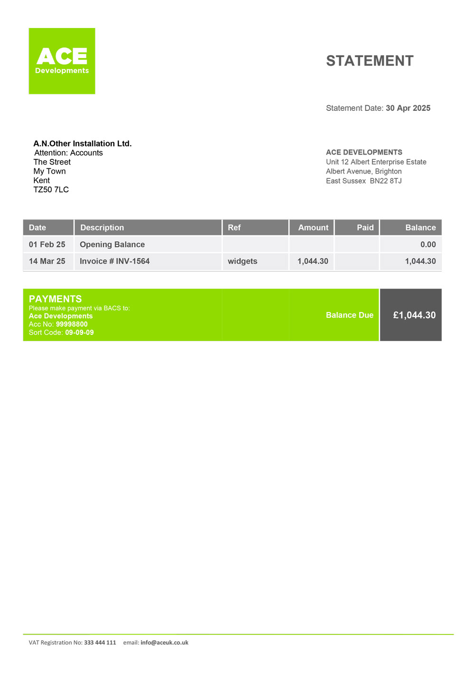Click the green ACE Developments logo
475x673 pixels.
pyautogui.click(x=62, y=61)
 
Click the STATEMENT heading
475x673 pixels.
pyautogui.click(x=370, y=61)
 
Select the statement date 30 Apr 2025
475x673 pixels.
pyautogui.click(x=408, y=108)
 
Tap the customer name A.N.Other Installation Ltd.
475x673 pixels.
pyautogui.click(x=82, y=144)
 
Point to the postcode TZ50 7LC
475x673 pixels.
pyautogui.click(x=51, y=190)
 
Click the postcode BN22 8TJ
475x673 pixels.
pyautogui.click(x=386, y=181)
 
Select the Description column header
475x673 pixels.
pyautogui.click(x=102, y=227)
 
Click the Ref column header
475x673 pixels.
pyautogui.click(x=234, y=227)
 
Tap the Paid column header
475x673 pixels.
pyautogui.click(x=365, y=227)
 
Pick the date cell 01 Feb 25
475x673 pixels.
pyautogui.click(x=47, y=244)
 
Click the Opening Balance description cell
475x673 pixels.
pyautogui.click(x=112, y=244)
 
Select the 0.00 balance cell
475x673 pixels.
pyautogui.click(x=427, y=244)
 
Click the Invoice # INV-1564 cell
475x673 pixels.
pyautogui.click(x=114, y=261)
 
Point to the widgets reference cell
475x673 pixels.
pyautogui.click(x=242, y=261)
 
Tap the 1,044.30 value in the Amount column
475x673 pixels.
pyautogui.click(x=313, y=261)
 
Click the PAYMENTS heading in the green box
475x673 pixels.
pyautogui.click(x=55, y=299)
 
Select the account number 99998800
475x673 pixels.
pyautogui.click(x=72, y=324)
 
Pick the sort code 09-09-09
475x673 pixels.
pyautogui.click(x=79, y=332)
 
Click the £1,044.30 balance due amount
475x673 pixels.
pyautogui.click(x=414, y=315)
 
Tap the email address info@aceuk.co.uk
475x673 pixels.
pyautogui.click(x=164, y=643)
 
